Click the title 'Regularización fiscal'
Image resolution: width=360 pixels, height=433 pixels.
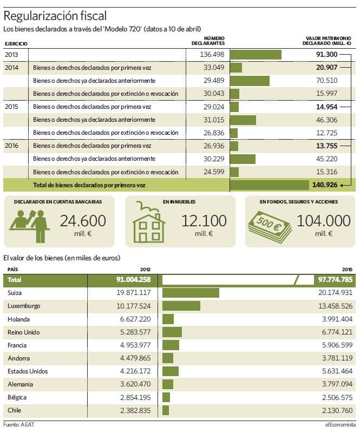coord(55,16)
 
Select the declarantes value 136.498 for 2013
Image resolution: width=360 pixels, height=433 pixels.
coord(212,55)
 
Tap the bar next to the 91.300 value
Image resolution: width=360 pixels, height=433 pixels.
coord(256,55)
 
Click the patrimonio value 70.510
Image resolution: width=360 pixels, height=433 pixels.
coord(326,80)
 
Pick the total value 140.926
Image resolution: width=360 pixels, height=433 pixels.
coord(325,185)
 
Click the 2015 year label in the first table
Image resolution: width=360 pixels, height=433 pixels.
coord(11,107)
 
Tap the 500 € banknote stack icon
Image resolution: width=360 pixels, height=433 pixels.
coord(270,226)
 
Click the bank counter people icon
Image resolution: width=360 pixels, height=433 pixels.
coord(30,226)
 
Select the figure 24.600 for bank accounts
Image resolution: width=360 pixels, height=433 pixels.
coord(83,221)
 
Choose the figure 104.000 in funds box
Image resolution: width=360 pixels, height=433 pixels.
coord(324,221)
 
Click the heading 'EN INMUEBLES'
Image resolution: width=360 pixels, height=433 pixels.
coord(179,202)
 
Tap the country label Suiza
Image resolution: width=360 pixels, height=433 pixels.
coord(15,293)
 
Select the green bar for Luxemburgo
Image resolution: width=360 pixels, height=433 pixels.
coord(181,306)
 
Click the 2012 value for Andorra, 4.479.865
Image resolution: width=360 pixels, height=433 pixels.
coord(135,358)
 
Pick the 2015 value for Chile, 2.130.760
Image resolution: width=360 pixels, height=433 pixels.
coord(337,410)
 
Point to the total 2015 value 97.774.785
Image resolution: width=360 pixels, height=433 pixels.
coord(335,279)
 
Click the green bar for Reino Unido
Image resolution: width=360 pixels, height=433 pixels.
coord(172,332)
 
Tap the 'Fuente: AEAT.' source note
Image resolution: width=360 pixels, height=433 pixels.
coord(19,424)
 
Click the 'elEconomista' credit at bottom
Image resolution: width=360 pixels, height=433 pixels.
coord(341,424)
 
